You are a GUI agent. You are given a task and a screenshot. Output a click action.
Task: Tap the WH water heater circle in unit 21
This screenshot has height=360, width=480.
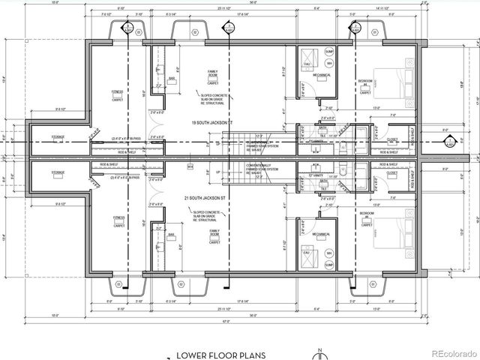click(329, 255)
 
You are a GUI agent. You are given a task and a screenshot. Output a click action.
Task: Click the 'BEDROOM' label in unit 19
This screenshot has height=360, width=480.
click(366, 80)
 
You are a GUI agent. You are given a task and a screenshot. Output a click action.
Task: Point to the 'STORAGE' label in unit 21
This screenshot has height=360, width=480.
click(58, 173)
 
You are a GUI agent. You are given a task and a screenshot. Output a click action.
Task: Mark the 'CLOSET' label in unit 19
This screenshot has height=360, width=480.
click(391, 139)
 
